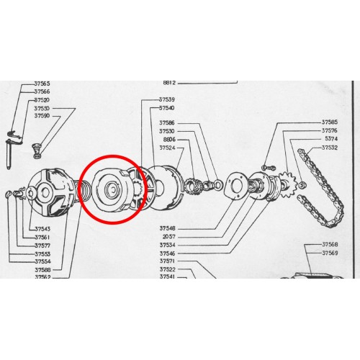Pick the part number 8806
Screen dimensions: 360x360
click(167, 140)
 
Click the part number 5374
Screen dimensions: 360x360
click(330, 139)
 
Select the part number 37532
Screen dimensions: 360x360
click(330, 148)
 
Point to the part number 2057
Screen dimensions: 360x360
click(168, 236)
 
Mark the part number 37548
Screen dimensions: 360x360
click(167, 228)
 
